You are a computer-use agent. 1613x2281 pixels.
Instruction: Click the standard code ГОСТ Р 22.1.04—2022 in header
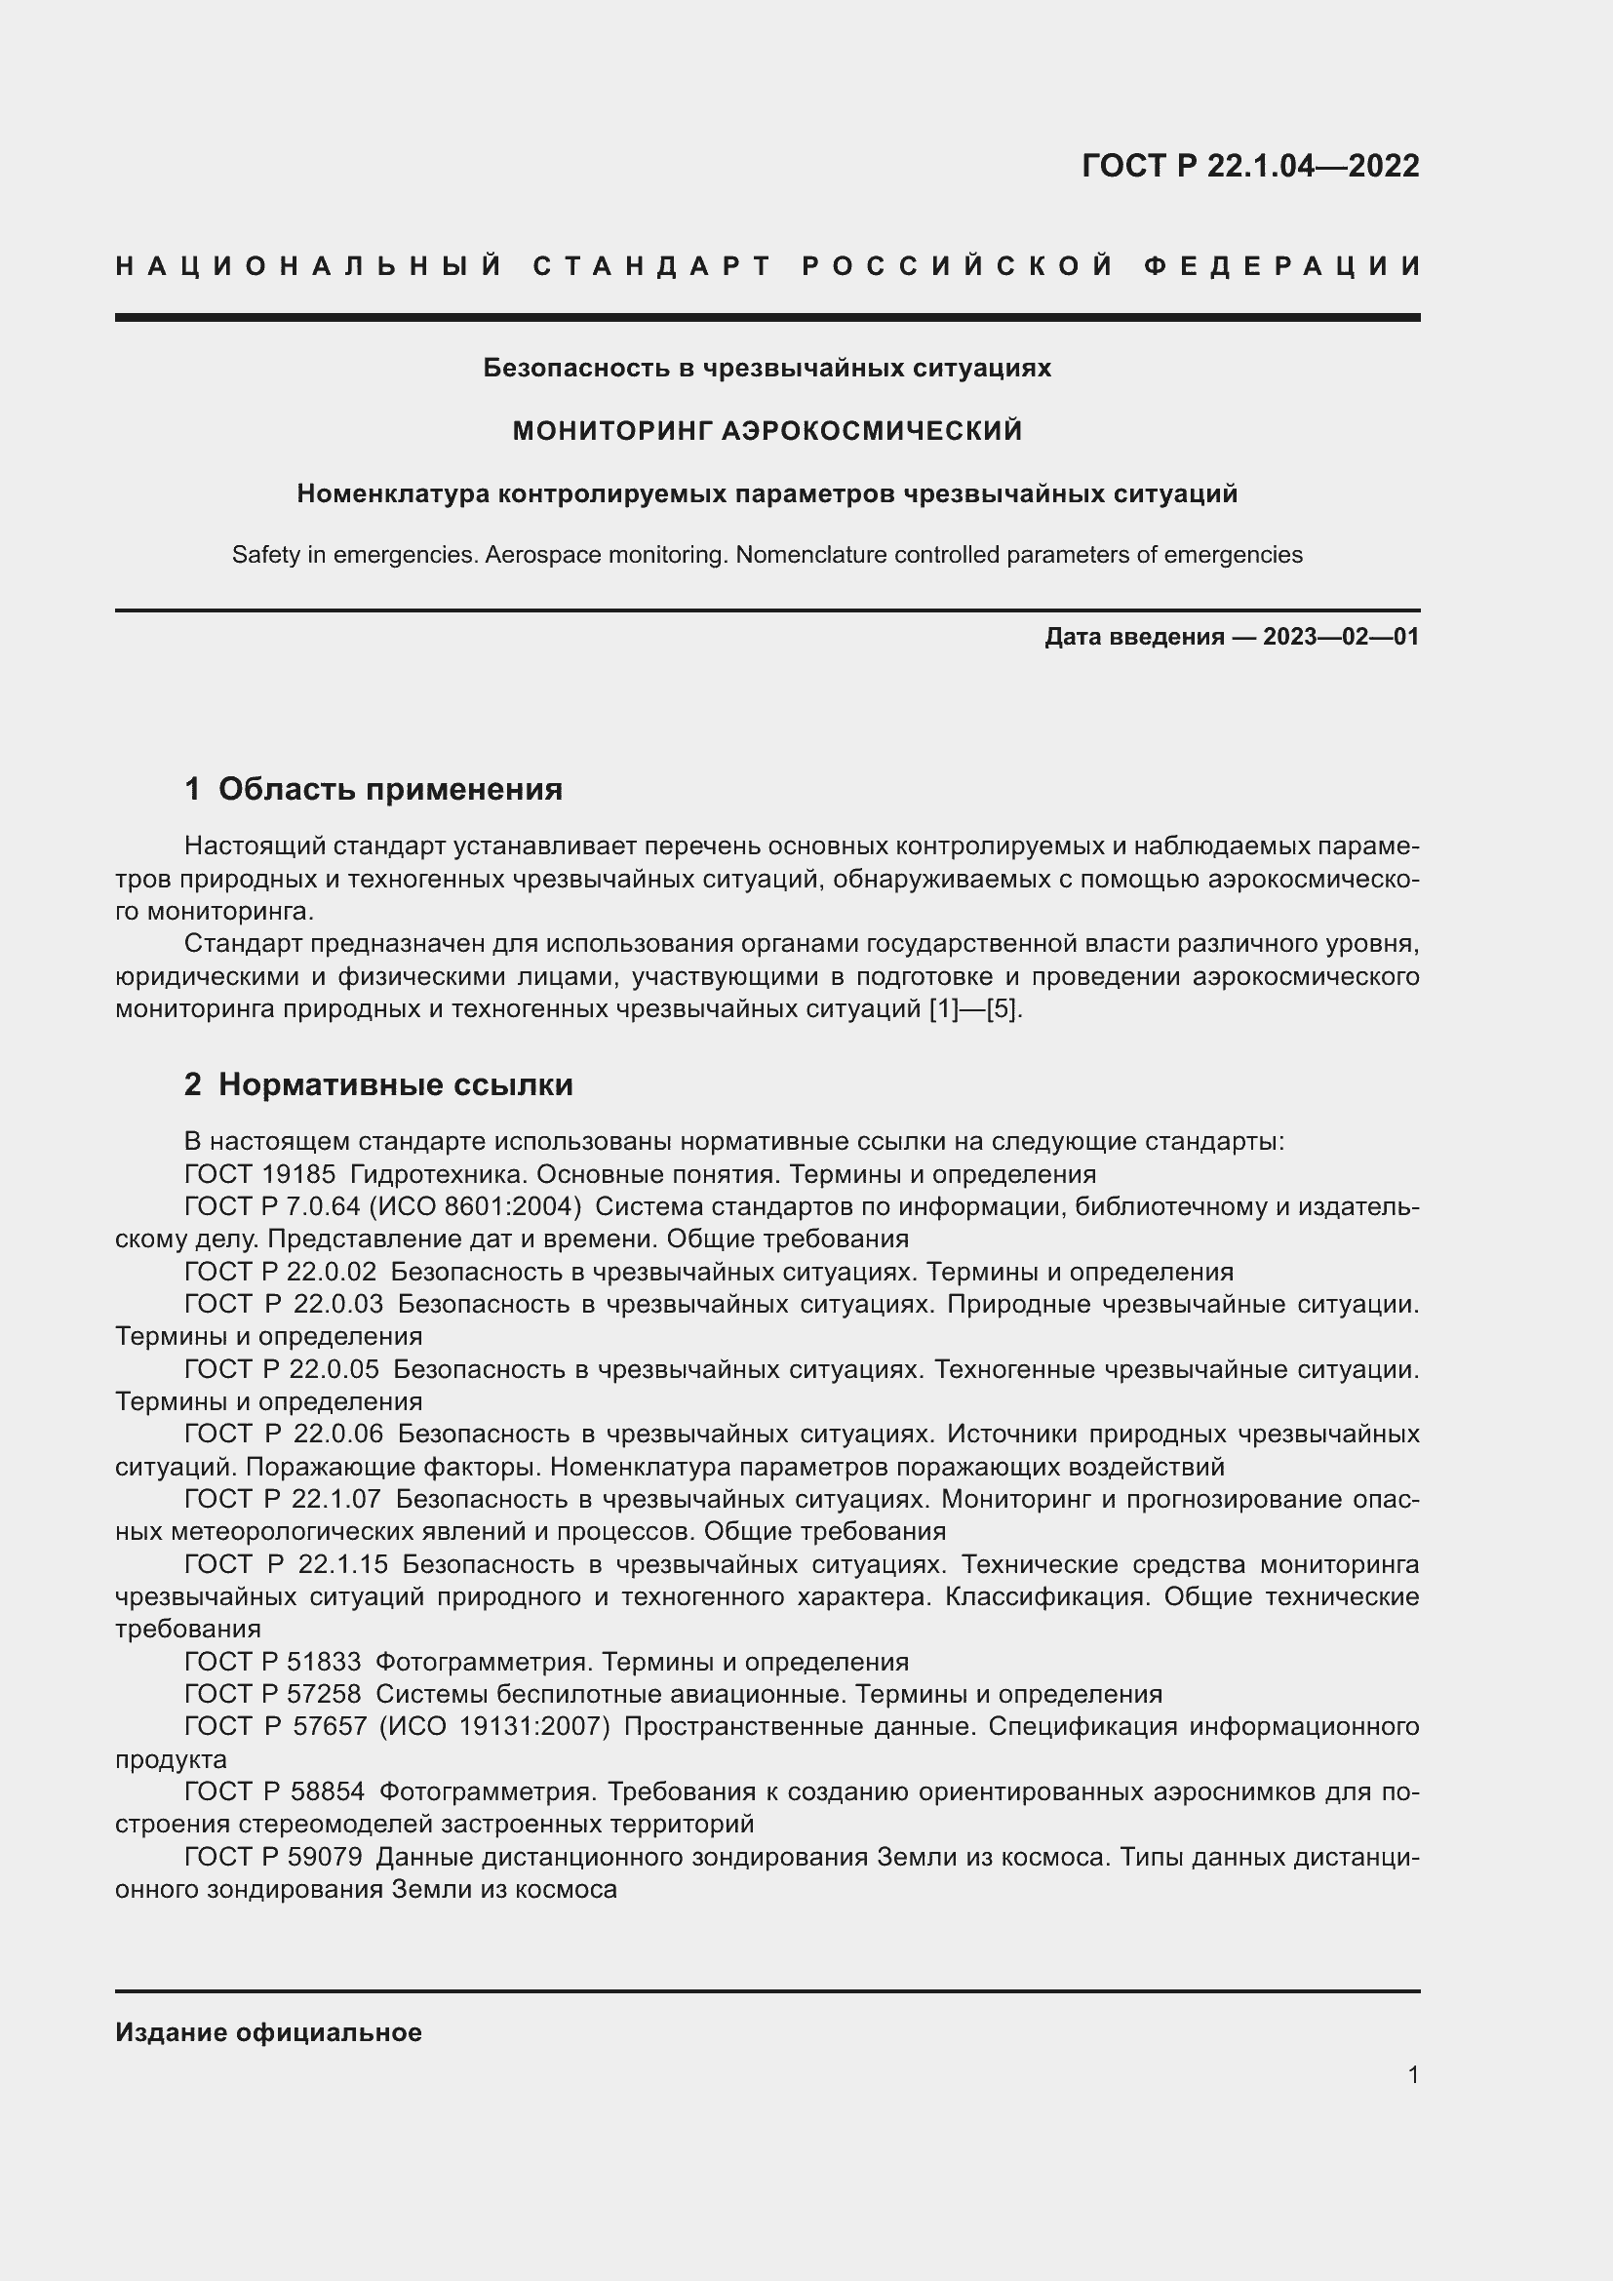tap(1249, 166)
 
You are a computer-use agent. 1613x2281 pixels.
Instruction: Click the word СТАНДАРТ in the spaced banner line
tap(652, 266)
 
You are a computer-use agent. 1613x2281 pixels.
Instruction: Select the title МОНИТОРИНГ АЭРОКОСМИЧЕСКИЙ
tap(767, 430)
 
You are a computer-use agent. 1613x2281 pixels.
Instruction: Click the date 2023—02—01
tap(1340, 637)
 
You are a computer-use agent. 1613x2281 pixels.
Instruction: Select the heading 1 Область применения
tap(374, 789)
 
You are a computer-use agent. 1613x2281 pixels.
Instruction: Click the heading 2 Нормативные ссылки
tap(378, 1083)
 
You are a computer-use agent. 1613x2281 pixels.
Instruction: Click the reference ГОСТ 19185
tap(260, 1174)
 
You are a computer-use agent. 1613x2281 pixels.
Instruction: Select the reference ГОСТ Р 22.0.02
tap(281, 1272)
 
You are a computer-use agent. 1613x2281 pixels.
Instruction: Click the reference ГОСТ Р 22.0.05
tap(281, 1369)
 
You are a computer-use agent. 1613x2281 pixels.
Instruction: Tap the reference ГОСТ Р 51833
tap(272, 1661)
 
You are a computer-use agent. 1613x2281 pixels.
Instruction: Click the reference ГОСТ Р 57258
tap(272, 1694)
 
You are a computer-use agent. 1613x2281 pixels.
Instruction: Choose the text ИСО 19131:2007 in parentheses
tap(494, 1727)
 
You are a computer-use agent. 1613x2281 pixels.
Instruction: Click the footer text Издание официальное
tap(268, 2032)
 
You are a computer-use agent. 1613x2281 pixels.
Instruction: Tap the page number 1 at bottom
tap(1412, 2074)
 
